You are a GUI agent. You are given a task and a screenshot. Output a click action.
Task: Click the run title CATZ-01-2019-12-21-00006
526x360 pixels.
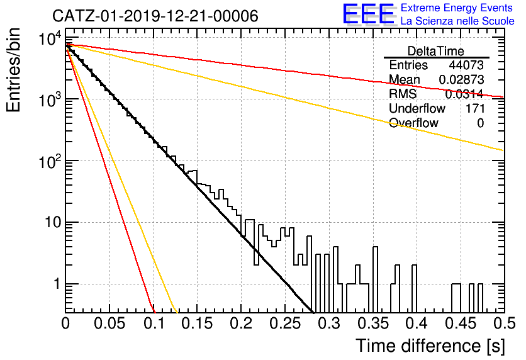pyautogui.click(x=155, y=16)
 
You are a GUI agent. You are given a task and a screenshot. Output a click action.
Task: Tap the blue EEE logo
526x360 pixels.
pyautogui.click(x=369, y=14)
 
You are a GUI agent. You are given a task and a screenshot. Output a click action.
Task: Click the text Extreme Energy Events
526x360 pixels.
pyautogui.click(x=457, y=8)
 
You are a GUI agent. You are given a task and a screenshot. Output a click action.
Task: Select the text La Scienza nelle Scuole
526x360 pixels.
pyautogui.click(x=457, y=21)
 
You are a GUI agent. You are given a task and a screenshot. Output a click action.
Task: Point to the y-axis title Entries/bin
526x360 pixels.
pyautogui.click(x=13, y=70)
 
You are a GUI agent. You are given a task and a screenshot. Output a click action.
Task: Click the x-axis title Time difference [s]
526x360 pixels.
pyautogui.click(x=430, y=346)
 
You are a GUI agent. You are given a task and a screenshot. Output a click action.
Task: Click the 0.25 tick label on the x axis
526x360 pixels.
pyautogui.click(x=285, y=323)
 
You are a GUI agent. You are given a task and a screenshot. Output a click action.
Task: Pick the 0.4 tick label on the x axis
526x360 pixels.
pyautogui.click(x=417, y=323)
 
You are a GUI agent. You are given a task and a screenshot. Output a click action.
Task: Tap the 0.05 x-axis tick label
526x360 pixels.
pyautogui.click(x=109, y=323)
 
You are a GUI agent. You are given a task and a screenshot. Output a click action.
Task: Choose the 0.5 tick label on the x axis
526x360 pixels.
pyautogui.click(x=504, y=323)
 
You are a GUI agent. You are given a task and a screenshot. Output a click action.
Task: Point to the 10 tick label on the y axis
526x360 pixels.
pyautogui.click(x=53, y=222)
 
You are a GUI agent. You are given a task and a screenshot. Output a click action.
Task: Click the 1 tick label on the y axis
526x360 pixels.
pyautogui.click(x=57, y=284)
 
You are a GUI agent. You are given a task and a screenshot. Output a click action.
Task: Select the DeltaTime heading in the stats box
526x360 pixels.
pyautogui.click(x=436, y=51)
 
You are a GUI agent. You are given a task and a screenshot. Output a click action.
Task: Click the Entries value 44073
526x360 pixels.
pyautogui.click(x=466, y=65)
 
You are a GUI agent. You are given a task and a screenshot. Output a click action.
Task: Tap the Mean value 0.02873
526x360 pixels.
pyautogui.click(x=462, y=79)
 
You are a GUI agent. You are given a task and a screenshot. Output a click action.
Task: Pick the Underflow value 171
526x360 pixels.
pyautogui.click(x=475, y=108)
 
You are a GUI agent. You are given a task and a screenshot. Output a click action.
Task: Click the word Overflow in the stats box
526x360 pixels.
pyautogui.click(x=413, y=123)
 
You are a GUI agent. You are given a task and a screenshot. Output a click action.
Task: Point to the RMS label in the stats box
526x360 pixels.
pyautogui.click(x=403, y=94)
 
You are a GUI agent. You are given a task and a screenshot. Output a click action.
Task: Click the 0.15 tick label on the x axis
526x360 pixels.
pyautogui.click(x=197, y=323)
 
